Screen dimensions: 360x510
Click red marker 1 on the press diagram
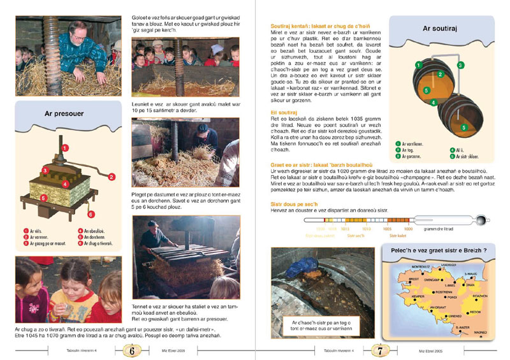[65, 148]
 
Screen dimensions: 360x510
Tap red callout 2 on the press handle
[111, 176]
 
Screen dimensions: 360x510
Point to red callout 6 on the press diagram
[91, 214]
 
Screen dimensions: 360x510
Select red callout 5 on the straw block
[43, 198]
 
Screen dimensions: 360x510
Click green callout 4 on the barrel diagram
[433, 101]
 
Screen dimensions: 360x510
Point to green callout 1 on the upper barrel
[418, 64]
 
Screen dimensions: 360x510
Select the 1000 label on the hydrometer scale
[409, 227]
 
